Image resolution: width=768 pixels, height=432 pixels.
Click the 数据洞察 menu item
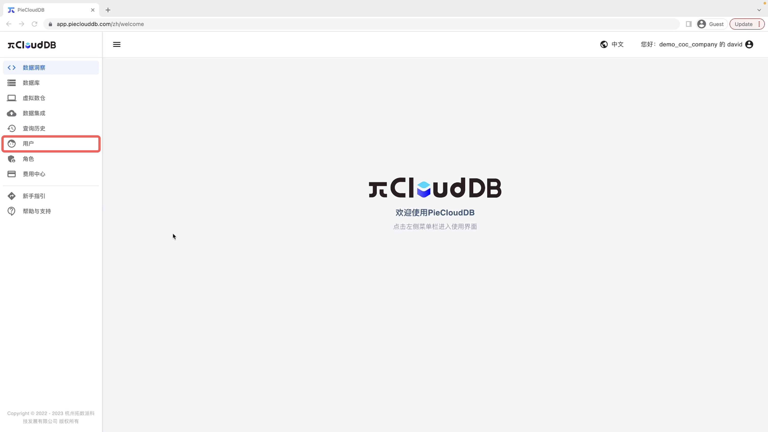51,68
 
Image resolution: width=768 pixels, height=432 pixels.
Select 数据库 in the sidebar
51,83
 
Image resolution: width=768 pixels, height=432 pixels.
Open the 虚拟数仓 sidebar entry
51,98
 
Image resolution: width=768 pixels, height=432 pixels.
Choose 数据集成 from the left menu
51,113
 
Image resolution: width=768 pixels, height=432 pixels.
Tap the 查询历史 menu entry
51,128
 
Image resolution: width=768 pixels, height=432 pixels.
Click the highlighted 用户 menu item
51,144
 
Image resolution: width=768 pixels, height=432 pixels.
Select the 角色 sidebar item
51,159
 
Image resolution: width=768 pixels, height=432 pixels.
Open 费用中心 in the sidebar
51,174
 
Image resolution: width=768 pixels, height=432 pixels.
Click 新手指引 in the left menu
51,196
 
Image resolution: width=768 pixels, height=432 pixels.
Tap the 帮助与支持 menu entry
51,211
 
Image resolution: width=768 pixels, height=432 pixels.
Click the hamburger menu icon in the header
117,44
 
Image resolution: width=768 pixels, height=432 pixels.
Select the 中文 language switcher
612,44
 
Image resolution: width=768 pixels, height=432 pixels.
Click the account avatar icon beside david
749,44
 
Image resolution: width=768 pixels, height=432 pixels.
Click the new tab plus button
108,10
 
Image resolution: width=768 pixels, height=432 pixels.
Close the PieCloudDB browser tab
93,10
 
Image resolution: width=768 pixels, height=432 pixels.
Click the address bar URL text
100,24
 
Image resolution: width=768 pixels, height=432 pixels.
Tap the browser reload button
35,24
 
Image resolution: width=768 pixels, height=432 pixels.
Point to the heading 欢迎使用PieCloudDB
435,212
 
